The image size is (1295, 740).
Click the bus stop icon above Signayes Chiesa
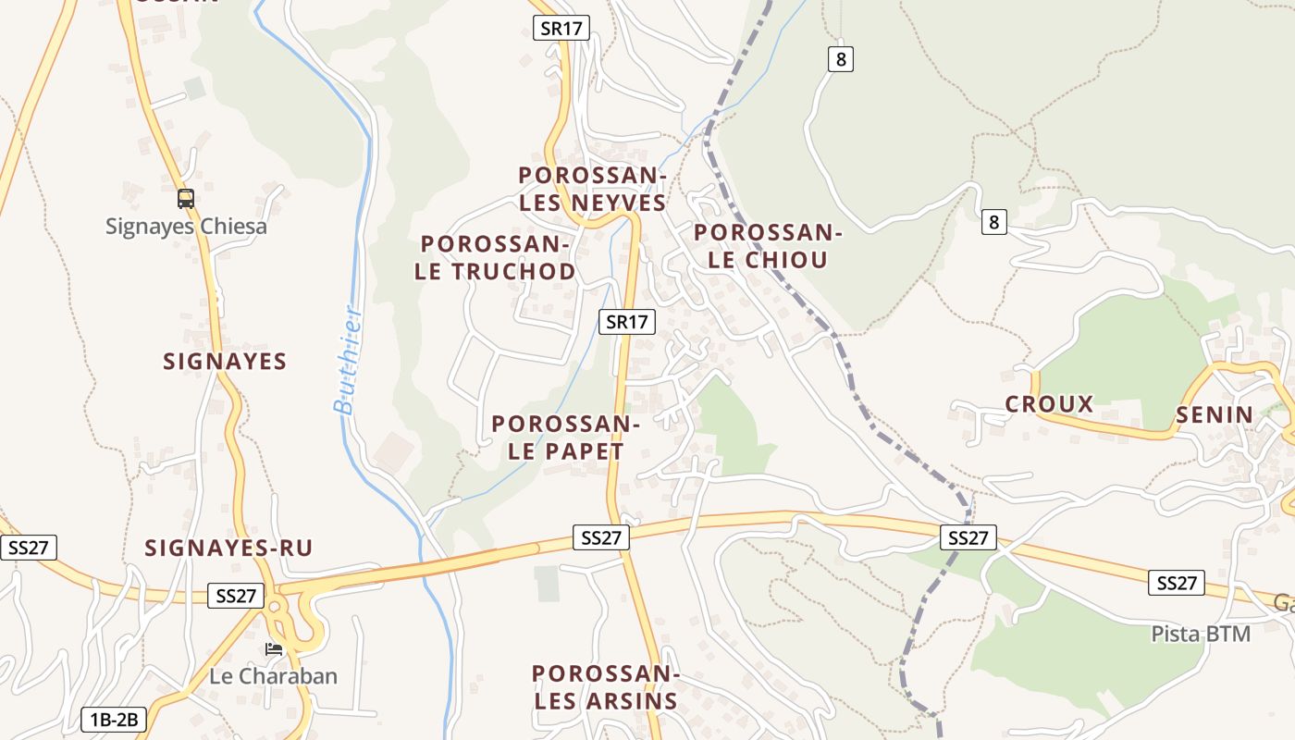tap(186, 198)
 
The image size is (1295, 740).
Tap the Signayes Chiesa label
tap(186, 227)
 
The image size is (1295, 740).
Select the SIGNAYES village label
tap(225, 362)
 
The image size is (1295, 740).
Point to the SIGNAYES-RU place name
tap(228, 549)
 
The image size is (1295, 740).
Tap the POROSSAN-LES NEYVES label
tap(592, 189)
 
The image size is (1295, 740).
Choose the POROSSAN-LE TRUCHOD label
tap(495, 258)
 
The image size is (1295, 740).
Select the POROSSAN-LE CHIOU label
tap(768, 246)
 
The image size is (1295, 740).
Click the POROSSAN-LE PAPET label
tap(566, 438)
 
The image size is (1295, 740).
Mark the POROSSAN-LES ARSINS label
tap(606, 687)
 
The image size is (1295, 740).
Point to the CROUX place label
tap(1049, 404)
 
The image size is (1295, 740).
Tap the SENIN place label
tap(1215, 415)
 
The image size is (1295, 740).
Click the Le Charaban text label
tap(273, 676)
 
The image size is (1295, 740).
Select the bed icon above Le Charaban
tap(274, 649)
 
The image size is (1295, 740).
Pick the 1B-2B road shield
tap(114, 719)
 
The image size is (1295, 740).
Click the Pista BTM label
tap(1201, 635)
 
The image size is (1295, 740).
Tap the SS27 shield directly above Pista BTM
tap(1177, 583)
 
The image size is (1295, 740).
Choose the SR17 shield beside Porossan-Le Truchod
tap(626, 322)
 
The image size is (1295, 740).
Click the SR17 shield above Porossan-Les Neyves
tap(561, 28)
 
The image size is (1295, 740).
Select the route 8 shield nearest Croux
tap(993, 222)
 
